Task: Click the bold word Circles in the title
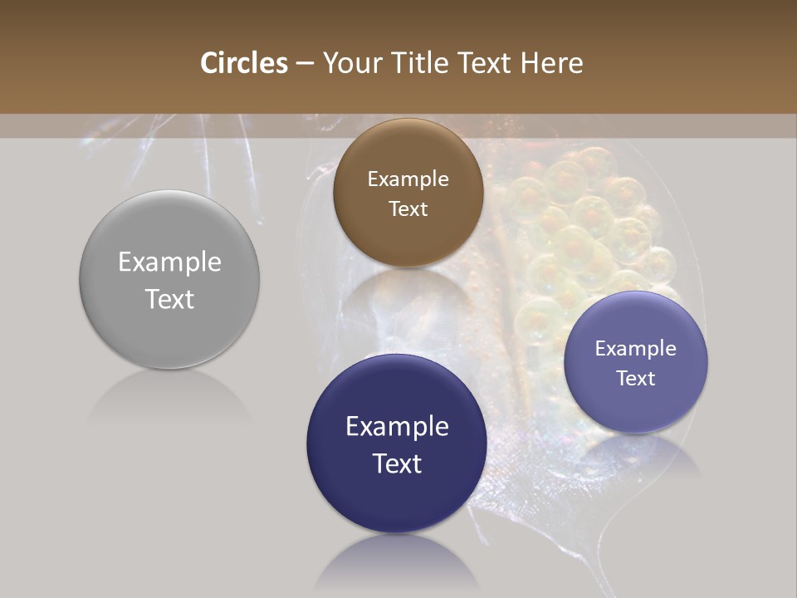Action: tap(243, 63)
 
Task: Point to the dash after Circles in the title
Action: tap(305, 64)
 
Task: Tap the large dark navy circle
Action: tap(397, 498)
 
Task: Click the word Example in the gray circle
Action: tap(169, 262)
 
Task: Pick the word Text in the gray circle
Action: tap(169, 299)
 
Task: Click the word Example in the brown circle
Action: tap(408, 179)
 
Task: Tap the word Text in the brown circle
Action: tap(408, 208)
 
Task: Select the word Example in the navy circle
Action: tap(397, 427)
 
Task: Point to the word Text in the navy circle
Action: tap(397, 463)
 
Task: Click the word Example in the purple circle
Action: tap(636, 349)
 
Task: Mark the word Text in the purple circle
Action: tap(636, 378)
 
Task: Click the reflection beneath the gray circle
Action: tap(169, 399)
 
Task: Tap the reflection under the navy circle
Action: tap(397, 565)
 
